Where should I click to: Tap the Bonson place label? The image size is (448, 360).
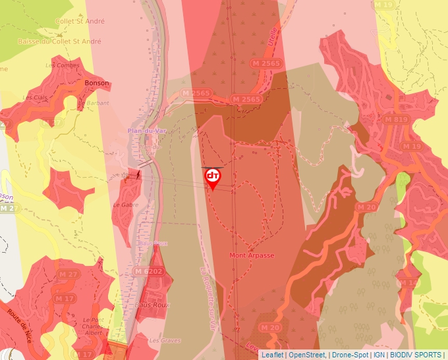pyautogui.click(x=97, y=84)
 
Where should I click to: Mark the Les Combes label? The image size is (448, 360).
pyautogui.click(x=58, y=65)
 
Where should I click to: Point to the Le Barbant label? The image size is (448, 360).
pyautogui.click(x=93, y=103)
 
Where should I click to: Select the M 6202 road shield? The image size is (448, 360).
pyautogui.click(x=148, y=271)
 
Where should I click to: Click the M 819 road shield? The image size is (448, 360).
pyautogui.click(x=396, y=120)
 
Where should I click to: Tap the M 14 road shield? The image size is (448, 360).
pyautogui.click(x=408, y=282)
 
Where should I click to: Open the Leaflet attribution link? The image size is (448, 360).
pyautogui.click(x=272, y=355)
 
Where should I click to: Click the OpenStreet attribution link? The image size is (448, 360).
pyautogui.click(x=306, y=355)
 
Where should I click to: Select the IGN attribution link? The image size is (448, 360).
pyautogui.click(x=379, y=355)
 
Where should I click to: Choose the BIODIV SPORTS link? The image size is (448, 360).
pyautogui.click(x=416, y=355)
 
